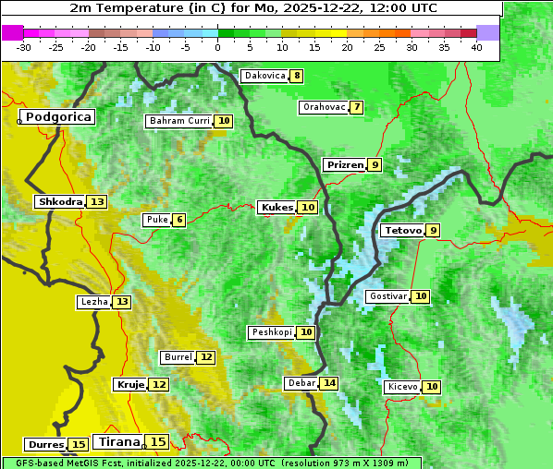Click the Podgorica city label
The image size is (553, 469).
[57, 117]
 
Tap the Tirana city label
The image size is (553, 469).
[117, 442]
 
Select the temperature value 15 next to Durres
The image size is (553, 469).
[79, 445]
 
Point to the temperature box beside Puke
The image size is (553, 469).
[178, 220]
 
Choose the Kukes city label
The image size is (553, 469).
[276, 208]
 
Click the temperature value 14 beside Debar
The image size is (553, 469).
[329, 383]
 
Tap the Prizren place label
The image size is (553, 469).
[345, 165]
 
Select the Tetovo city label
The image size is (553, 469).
[402, 230]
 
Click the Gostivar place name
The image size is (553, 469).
[387, 296]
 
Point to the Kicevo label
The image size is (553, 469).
[403, 387]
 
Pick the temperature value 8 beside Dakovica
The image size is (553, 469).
[296, 76]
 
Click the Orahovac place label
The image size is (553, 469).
[324, 107]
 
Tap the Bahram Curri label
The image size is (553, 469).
[179, 121]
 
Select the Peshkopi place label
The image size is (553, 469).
[271, 332]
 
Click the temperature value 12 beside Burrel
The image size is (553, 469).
[205, 357]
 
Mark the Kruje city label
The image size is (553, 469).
[130, 384]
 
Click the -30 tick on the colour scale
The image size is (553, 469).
[24, 46]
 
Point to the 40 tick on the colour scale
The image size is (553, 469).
[476, 46]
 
